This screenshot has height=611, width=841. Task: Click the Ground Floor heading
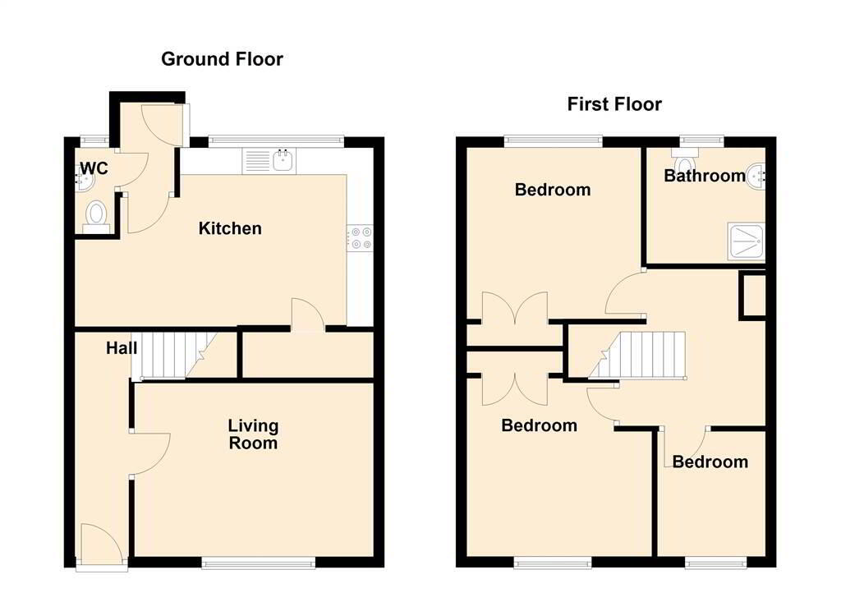click(222, 59)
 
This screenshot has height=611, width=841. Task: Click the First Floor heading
click(614, 104)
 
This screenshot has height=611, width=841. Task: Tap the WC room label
click(94, 168)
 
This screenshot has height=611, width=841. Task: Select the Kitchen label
click(230, 228)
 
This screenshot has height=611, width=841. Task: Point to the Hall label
click(122, 348)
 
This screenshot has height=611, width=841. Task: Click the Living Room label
click(253, 434)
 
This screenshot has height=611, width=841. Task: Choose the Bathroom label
click(704, 176)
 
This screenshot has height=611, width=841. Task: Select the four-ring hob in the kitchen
click(360, 237)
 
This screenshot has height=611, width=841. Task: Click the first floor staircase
click(637, 355)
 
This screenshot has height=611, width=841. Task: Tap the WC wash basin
click(85, 177)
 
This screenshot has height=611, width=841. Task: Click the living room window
click(259, 563)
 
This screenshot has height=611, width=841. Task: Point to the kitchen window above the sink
click(276, 141)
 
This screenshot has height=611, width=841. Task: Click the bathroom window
click(702, 141)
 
